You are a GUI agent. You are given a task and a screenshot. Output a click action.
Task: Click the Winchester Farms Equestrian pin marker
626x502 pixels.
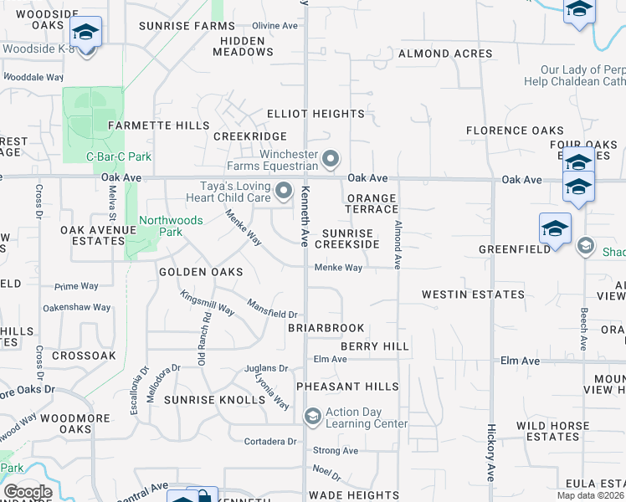331,157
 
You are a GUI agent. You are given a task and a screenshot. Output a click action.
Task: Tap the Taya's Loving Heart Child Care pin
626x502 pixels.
284,192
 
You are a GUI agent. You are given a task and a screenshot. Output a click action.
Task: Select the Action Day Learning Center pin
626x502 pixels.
312,417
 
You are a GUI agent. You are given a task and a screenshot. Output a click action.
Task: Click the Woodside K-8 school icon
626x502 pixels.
85,33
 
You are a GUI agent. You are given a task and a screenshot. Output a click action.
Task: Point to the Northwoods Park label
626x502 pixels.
159,226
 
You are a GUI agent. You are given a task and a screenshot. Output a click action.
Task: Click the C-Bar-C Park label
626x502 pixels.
119,156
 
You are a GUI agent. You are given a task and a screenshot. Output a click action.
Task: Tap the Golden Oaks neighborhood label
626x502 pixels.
201,272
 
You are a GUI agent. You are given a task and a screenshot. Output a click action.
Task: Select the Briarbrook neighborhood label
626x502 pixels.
326,328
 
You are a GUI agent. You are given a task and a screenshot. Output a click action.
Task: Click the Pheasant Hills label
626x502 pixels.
347,387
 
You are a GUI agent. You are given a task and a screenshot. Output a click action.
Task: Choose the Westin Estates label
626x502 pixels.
473,295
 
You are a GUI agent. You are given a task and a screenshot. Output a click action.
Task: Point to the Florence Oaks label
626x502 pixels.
515,131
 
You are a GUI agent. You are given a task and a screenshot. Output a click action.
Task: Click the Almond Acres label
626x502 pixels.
445,54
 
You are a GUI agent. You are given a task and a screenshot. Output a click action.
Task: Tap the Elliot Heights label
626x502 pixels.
316,114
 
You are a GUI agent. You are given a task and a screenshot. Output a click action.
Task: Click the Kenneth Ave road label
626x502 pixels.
305,215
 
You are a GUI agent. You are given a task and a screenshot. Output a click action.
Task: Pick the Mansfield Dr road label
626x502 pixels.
272,308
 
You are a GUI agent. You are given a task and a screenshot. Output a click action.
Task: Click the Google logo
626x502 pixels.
28,492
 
